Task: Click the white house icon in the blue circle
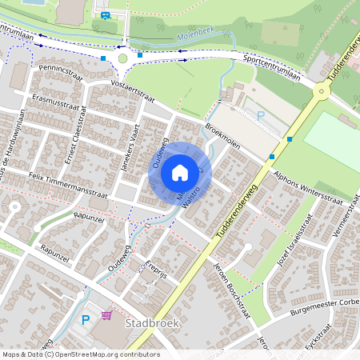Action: [x=180, y=173]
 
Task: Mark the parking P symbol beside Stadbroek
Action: [x=86, y=320]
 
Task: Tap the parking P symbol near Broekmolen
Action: [x=260, y=116]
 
